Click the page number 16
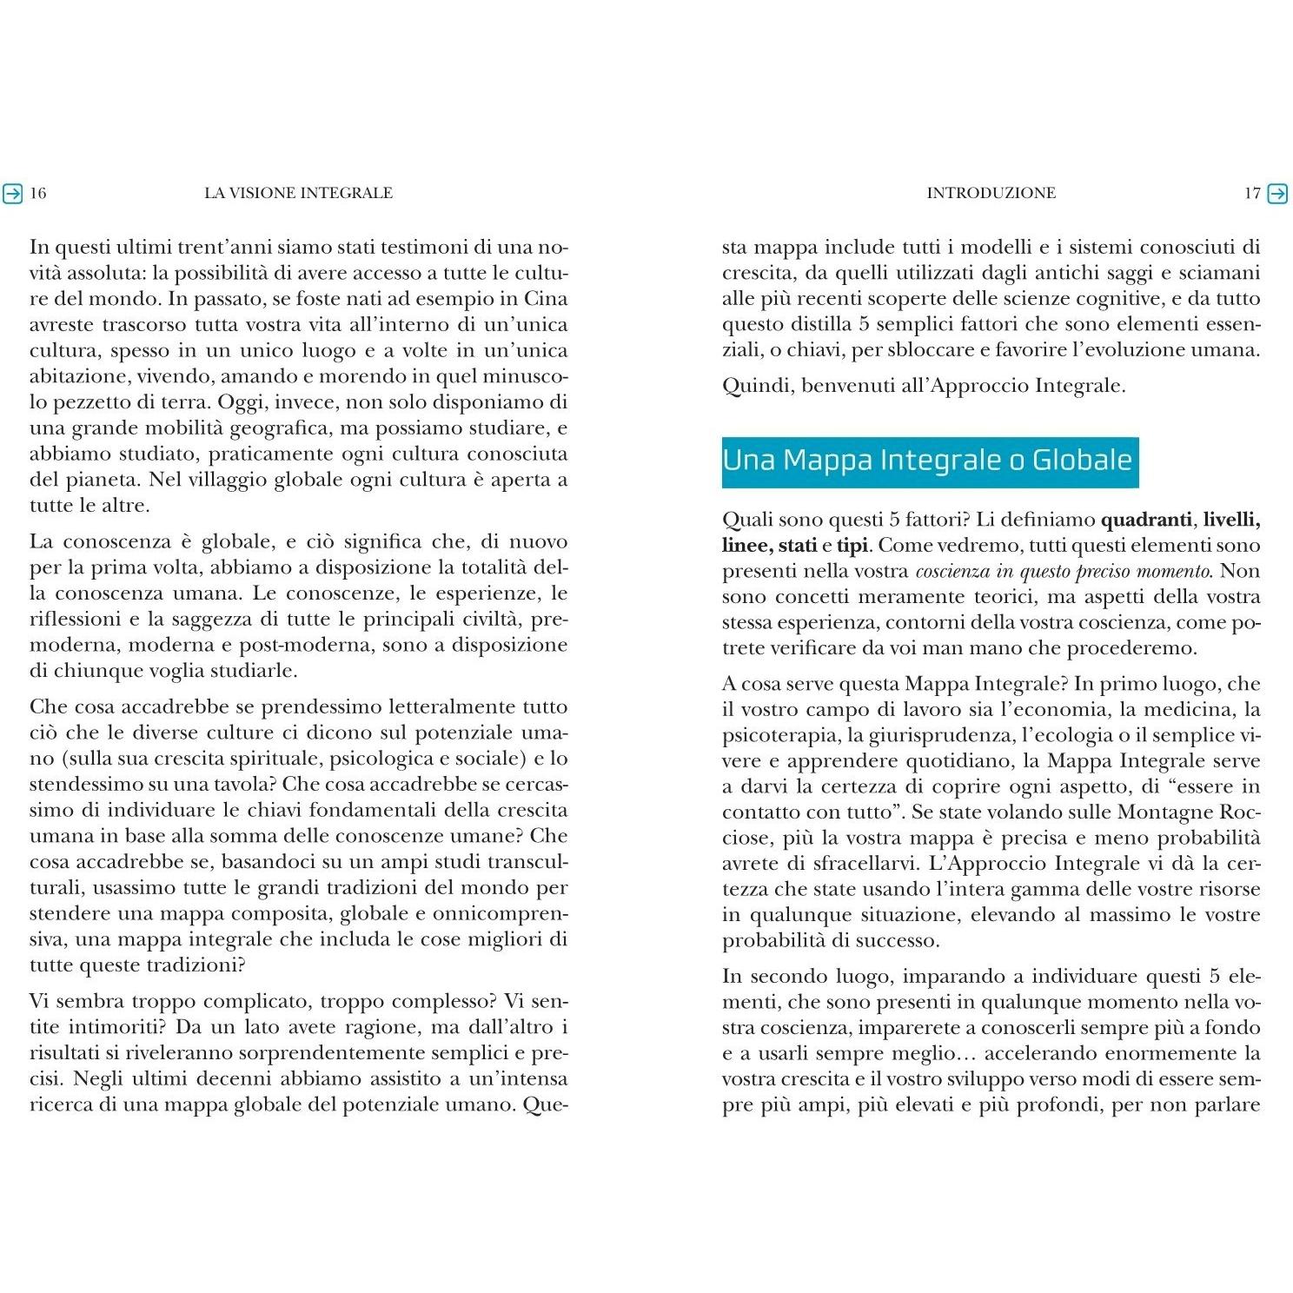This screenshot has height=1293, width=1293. coord(38,193)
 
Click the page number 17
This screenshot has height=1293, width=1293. coord(1252,193)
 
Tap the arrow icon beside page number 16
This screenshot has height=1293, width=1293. coord(12,193)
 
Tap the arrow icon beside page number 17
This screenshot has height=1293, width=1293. coord(1277,193)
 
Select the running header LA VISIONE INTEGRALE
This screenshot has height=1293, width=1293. coord(298,193)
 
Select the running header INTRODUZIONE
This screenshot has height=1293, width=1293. coord(991,193)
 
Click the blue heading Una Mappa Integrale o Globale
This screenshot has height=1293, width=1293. coord(927,460)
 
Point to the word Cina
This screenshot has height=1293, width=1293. coord(546,299)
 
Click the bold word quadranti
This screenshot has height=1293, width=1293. coord(1146,521)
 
